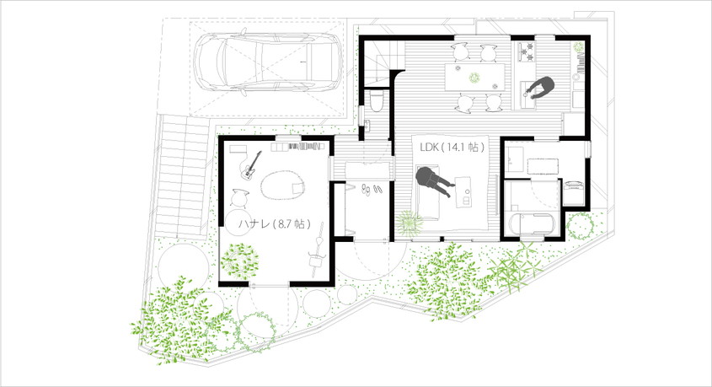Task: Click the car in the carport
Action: (x=267, y=62)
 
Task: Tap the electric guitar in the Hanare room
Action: (x=251, y=165)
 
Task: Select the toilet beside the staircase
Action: (x=377, y=100)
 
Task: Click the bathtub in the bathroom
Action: (x=533, y=223)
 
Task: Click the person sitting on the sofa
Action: (x=435, y=180)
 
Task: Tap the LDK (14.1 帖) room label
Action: (x=452, y=148)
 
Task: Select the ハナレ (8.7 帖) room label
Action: (x=275, y=223)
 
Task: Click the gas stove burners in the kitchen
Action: (x=527, y=51)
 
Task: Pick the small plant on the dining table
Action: (x=474, y=78)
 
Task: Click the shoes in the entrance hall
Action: (x=372, y=189)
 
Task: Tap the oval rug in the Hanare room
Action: (x=282, y=185)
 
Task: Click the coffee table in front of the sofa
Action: (x=463, y=192)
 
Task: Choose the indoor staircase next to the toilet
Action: (x=385, y=62)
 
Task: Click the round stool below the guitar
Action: (x=240, y=198)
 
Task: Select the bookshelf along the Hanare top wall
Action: (x=298, y=147)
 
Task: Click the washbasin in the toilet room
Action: (x=367, y=125)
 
